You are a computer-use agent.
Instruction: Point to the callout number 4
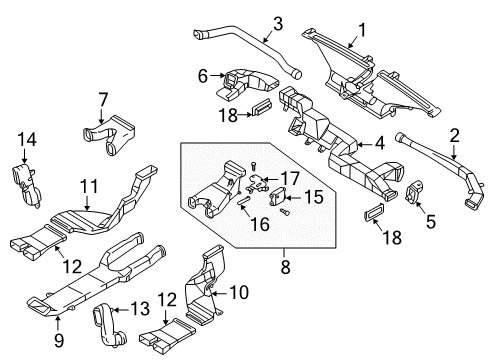click(379, 144)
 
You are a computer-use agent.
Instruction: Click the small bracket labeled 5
click(413, 194)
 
